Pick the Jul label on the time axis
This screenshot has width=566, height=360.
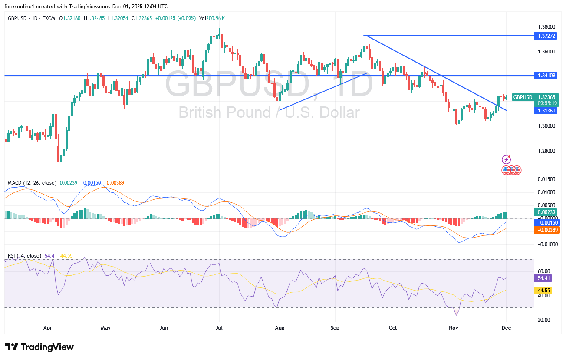[x=219, y=327]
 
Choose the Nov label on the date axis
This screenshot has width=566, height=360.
[x=453, y=327]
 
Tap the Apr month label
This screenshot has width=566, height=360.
[x=48, y=327]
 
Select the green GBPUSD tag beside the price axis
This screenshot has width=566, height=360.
[x=522, y=97]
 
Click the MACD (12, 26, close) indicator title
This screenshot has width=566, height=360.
[x=32, y=183]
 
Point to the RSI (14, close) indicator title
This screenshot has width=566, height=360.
[x=25, y=256]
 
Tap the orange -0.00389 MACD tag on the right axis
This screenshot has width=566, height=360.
[x=547, y=230]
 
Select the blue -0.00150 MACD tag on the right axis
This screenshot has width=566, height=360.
[x=547, y=222]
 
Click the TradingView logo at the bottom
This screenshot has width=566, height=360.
[x=39, y=347]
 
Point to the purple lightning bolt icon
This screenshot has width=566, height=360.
[x=506, y=159]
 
